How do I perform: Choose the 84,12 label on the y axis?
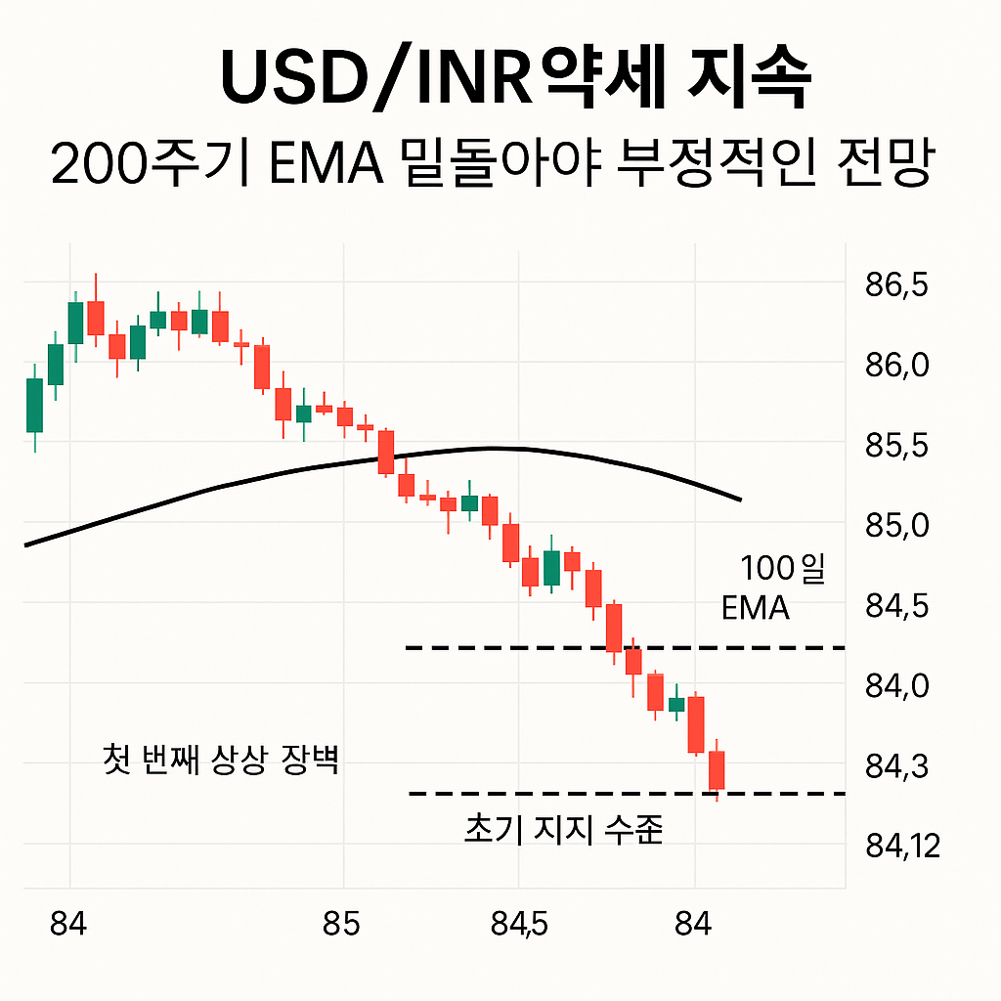(902, 845)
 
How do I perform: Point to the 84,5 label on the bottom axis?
(519, 923)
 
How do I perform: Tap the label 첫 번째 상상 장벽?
(221, 760)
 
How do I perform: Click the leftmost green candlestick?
(34, 405)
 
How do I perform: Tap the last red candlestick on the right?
(717, 769)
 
